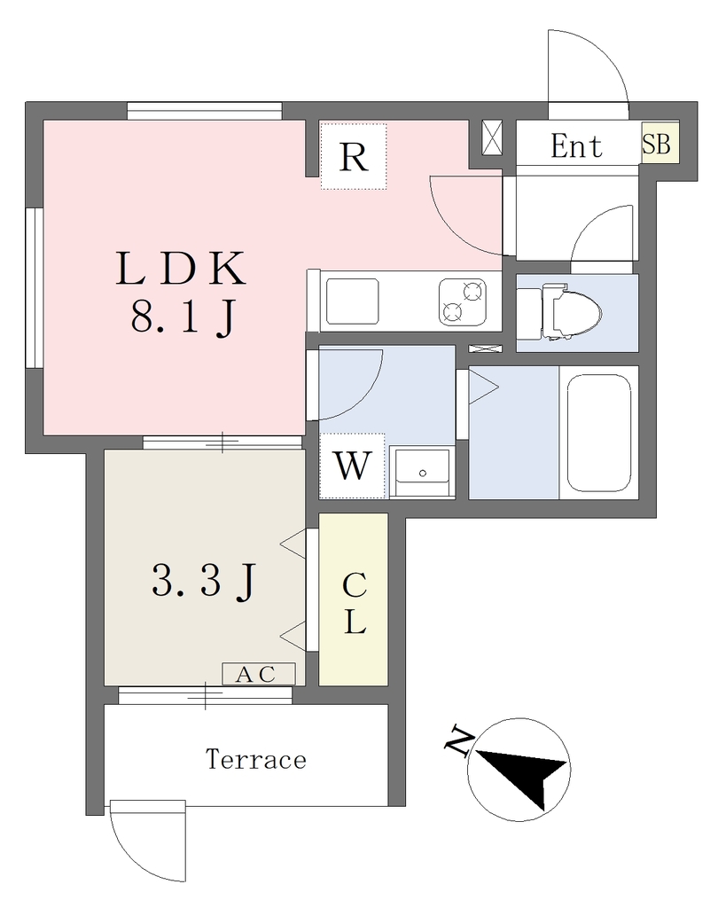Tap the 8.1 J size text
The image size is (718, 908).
(x=183, y=317)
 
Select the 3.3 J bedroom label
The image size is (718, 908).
(x=203, y=581)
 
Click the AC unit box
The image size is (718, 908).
(x=259, y=674)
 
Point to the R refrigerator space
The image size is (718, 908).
(x=353, y=156)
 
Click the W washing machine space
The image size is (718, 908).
(x=352, y=466)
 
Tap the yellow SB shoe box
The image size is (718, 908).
(x=659, y=143)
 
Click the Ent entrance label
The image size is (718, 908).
(x=576, y=145)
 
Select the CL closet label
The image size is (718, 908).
(x=354, y=603)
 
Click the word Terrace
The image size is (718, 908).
(x=256, y=759)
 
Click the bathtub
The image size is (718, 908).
(x=598, y=433)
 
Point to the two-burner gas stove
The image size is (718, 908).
(x=462, y=301)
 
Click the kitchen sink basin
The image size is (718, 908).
(x=353, y=301)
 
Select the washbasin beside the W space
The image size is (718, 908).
(x=422, y=472)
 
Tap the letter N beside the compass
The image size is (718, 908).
(x=457, y=739)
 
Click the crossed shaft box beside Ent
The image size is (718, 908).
(x=493, y=138)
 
